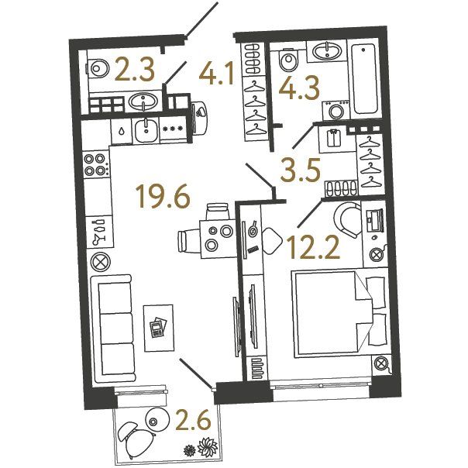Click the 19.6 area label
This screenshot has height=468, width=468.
(x=163, y=196)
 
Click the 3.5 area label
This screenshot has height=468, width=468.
(x=301, y=170)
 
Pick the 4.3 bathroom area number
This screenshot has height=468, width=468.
(x=299, y=88)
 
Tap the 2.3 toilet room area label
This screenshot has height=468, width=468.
(x=135, y=70)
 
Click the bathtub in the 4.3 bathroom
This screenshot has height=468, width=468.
(x=365, y=79)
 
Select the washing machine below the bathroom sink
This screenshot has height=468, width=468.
(x=336, y=110)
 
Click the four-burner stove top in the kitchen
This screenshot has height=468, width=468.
(x=97, y=164)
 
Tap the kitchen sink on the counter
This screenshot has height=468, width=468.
(x=146, y=130)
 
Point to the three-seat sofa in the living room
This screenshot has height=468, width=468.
(x=112, y=329)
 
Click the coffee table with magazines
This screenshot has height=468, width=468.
(x=158, y=328)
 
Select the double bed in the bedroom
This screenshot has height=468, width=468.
(x=339, y=314)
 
